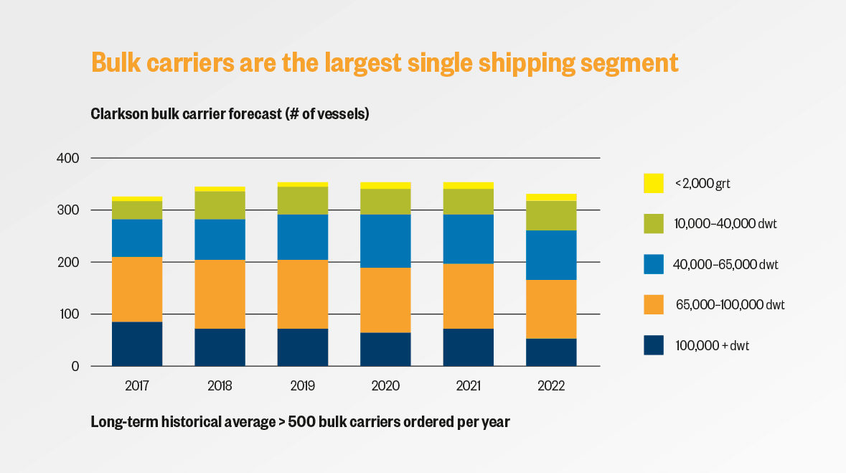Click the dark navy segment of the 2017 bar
tap(137, 344)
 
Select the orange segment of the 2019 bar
tap(303, 294)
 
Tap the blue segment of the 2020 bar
tap(385, 241)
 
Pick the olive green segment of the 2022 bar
tap(551, 216)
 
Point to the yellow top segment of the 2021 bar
tap(469, 186)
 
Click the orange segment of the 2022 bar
tap(551, 309)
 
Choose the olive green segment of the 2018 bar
tap(220, 205)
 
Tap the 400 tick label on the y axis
tap(68, 158)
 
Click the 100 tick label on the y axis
tap(68, 314)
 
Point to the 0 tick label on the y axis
tap(75, 366)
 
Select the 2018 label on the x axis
tap(220, 385)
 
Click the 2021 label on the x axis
tap(469, 385)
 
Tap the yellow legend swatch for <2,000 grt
tap(654, 183)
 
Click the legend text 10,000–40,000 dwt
tap(725, 223)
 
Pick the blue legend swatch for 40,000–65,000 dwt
tap(654, 264)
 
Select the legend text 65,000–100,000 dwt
tap(730, 304)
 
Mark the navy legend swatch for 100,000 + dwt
tap(654, 345)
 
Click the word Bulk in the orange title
tap(116, 62)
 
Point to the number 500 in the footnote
tap(301, 422)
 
